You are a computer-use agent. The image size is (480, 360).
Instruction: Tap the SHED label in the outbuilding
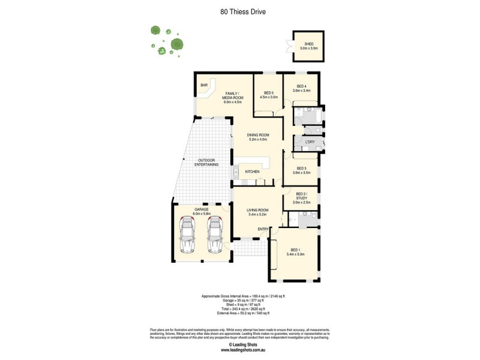(308, 44)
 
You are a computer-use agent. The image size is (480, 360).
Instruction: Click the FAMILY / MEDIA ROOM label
(233, 96)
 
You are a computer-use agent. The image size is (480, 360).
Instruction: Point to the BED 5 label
(268, 92)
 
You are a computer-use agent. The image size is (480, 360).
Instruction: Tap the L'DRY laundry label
(310, 142)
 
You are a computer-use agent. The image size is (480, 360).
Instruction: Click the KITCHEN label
(252, 172)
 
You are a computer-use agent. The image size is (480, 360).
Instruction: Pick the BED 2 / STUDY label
(302, 196)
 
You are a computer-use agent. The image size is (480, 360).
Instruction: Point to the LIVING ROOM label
(257, 210)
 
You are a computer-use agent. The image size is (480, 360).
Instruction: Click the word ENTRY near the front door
(263, 229)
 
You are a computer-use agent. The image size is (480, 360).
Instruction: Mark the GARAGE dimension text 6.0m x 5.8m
(200, 214)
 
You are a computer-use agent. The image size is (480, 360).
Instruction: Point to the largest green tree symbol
(176, 44)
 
